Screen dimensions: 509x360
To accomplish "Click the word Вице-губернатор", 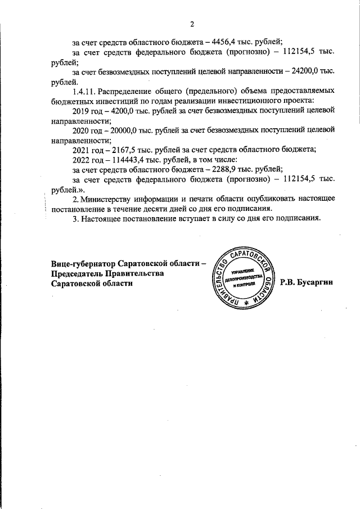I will (x=86, y=264).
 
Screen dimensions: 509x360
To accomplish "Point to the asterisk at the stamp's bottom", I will (x=245, y=303).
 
